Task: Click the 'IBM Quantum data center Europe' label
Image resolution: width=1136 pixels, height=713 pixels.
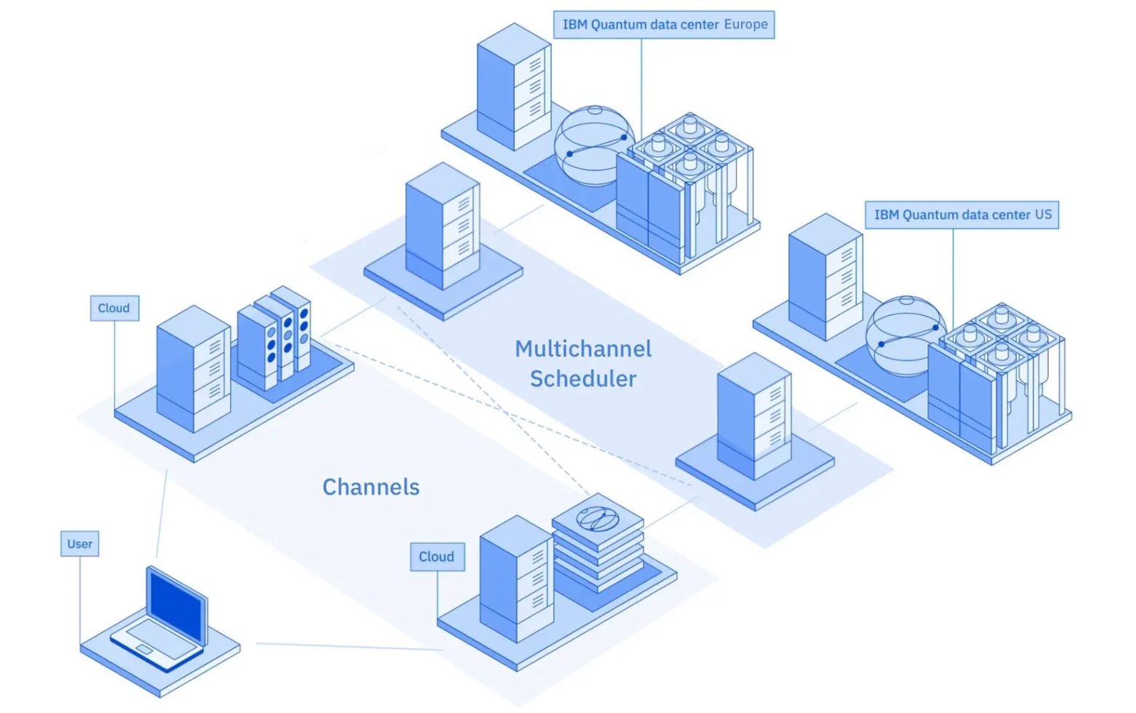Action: [x=664, y=25]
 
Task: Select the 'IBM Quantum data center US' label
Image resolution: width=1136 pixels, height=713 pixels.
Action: [x=961, y=215]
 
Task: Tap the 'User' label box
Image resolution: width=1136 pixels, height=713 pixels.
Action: [x=80, y=544]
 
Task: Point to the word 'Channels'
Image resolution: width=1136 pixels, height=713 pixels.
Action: [x=371, y=487]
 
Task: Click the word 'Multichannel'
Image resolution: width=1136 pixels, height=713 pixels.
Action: [x=583, y=349]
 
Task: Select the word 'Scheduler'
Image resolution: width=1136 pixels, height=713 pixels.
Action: [x=583, y=379]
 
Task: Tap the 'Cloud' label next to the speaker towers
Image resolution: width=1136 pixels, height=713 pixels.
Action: [x=114, y=308]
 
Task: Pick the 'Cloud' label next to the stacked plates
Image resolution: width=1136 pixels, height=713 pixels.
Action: [x=436, y=557]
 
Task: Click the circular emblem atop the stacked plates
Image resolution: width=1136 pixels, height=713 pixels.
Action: [x=597, y=519]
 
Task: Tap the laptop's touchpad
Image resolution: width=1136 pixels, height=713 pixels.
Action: [x=145, y=648]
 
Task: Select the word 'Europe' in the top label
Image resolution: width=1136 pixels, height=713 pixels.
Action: [x=745, y=25]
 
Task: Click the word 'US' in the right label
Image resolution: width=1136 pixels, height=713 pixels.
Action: [x=1043, y=215]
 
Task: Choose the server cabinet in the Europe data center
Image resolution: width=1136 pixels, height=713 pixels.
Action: [x=513, y=87]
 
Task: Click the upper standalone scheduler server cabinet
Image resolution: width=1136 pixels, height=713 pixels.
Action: [x=442, y=226]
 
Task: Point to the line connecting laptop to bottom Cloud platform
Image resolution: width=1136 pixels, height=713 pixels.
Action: [x=349, y=646]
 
